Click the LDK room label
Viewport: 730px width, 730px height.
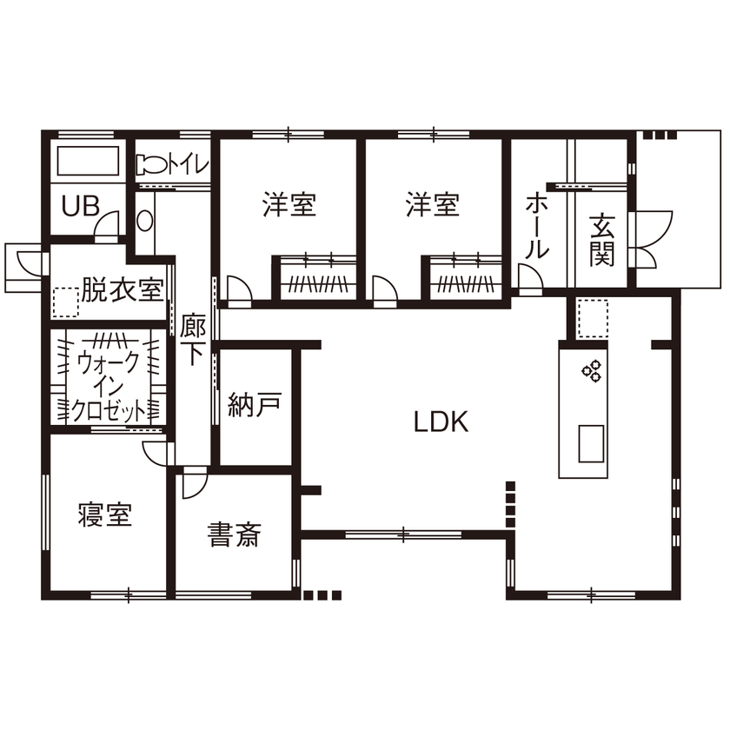pyautogui.click(x=441, y=423)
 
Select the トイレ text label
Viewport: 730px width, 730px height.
pyautogui.click(x=188, y=163)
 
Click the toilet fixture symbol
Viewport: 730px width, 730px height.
pyautogui.click(x=148, y=163)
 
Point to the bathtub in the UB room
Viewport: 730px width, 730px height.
pyautogui.click(x=87, y=162)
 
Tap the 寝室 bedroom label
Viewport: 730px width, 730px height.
pyautogui.click(x=104, y=516)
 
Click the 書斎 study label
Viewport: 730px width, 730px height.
pyautogui.click(x=234, y=534)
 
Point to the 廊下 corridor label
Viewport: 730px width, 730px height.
pyautogui.click(x=194, y=339)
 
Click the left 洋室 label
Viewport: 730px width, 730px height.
pyautogui.click(x=289, y=205)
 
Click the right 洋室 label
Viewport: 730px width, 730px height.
pyautogui.click(x=433, y=205)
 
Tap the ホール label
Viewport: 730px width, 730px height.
pyautogui.click(x=536, y=227)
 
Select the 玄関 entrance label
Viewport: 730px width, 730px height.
pyautogui.click(x=601, y=241)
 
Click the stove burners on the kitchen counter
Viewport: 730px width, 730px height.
pyautogui.click(x=593, y=371)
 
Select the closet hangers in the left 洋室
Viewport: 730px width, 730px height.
pyautogui.click(x=317, y=282)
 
